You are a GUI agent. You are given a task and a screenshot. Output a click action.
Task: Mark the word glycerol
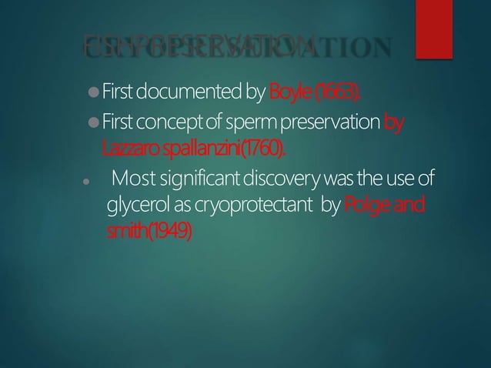pyautogui.click(x=134, y=207)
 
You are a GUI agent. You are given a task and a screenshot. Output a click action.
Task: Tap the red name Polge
pyautogui.click(x=369, y=207)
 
